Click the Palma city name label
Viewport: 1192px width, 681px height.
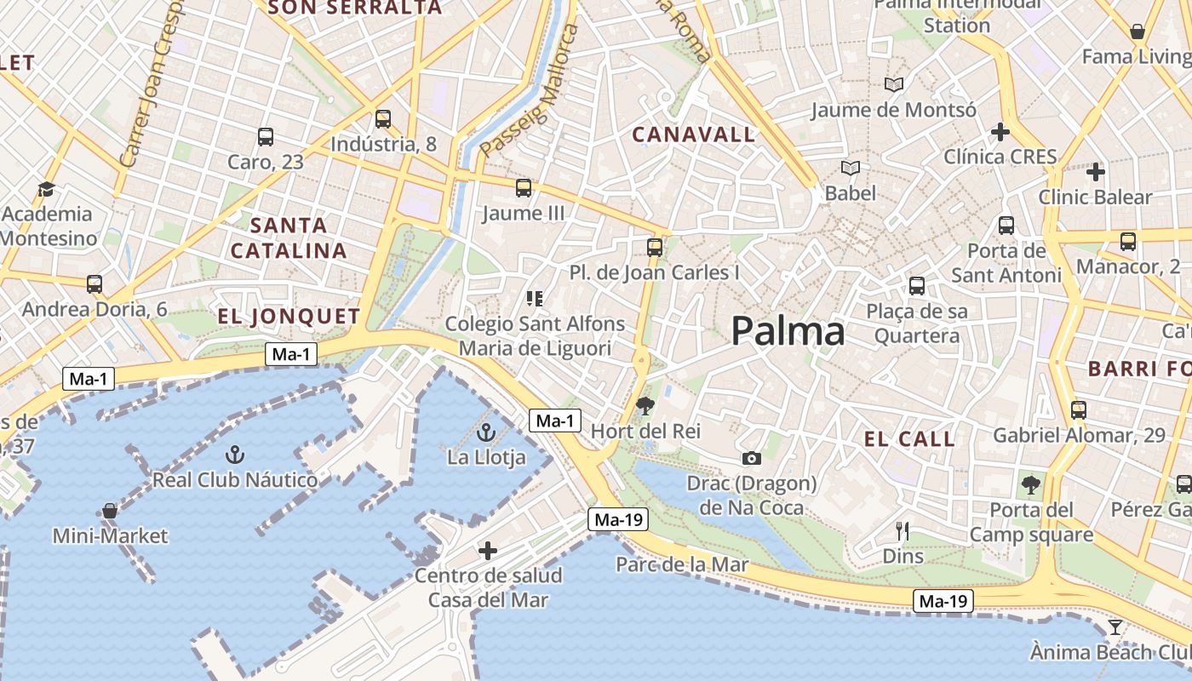tap(788, 331)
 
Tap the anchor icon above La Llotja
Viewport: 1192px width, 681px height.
tap(486, 432)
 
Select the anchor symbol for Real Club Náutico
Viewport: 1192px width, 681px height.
tap(234, 455)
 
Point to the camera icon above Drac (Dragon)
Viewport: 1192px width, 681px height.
tap(751, 459)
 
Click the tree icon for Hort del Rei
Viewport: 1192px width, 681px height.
tap(645, 406)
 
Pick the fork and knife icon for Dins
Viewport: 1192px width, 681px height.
tap(903, 532)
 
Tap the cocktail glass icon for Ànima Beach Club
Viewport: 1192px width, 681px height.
tap(1115, 628)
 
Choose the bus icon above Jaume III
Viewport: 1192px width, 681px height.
tap(523, 188)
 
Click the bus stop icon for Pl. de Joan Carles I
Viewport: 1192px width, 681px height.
tap(654, 248)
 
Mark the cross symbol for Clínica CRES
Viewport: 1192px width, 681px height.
tap(1000, 132)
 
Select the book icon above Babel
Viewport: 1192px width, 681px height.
tap(850, 169)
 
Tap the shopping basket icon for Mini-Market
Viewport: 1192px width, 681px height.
tap(110, 511)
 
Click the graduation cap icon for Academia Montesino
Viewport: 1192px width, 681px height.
tap(46, 189)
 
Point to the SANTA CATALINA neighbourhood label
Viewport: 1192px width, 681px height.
tap(289, 238)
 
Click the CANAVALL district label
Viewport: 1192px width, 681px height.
tap(694, 134)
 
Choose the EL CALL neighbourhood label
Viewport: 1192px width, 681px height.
tap(909, 439)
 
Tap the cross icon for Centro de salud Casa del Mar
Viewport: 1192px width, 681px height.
tap(487, 551)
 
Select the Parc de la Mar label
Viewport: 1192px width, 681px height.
tap(682, 564)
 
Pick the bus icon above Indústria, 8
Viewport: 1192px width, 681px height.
tap(383, 119)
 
